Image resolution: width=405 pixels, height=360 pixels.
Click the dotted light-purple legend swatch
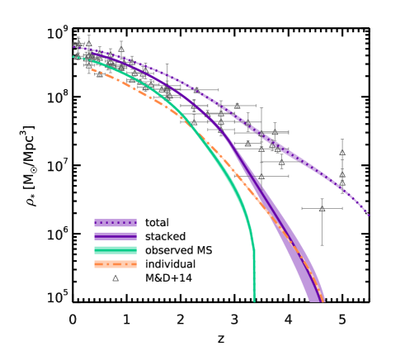pos(115,222)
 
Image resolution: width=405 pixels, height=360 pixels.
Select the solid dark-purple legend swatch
pos(115,236)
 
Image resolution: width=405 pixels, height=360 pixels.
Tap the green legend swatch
pos(115,250)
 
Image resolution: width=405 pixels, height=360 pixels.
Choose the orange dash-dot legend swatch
pos(115,264)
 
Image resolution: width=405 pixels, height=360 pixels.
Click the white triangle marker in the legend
pos(115,278)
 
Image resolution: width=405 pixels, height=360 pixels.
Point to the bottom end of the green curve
pos(254,301)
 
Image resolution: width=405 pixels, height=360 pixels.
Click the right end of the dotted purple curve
pos(368,214)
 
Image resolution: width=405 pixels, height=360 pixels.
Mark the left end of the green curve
pos(74,57)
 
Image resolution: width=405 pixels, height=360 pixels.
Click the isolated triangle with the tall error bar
pos(322,208)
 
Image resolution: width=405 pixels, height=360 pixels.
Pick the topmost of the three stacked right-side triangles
pos(341,153)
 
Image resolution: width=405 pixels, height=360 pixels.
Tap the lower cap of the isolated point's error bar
pos(322,244)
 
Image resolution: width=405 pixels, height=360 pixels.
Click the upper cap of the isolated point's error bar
pos(322,199)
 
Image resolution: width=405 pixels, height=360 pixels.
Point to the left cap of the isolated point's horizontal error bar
pos(302,208)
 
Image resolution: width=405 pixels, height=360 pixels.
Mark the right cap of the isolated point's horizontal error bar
pos(341,208)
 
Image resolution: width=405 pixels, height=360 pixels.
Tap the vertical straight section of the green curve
pos(254,272)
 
